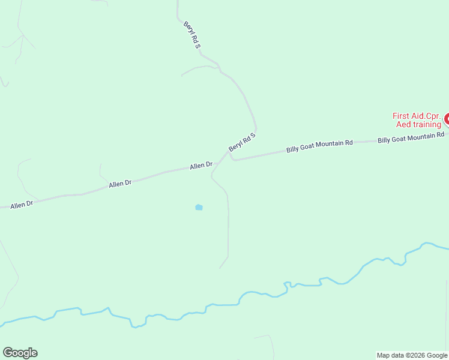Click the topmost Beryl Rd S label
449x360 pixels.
tap(192, 34)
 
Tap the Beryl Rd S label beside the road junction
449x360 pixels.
tap(242, 142)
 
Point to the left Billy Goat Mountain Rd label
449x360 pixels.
tap(319, 146)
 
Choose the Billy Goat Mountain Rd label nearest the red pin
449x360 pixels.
tap(411, 137)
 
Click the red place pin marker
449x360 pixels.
tap(447, 119)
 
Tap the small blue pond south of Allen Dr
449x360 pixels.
tap(199, 208)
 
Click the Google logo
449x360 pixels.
tap(20, 353)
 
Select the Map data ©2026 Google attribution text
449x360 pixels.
tap(412, 355)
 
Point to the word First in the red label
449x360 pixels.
tap(400, 116)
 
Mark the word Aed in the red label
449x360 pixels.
tap(403, 124)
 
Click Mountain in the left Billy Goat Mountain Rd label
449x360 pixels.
tap(331, 144)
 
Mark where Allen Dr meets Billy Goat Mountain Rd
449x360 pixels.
tap(228, 153)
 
